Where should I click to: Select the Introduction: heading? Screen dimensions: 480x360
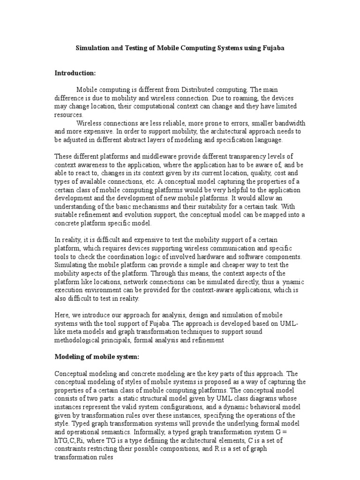click(75, 73)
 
